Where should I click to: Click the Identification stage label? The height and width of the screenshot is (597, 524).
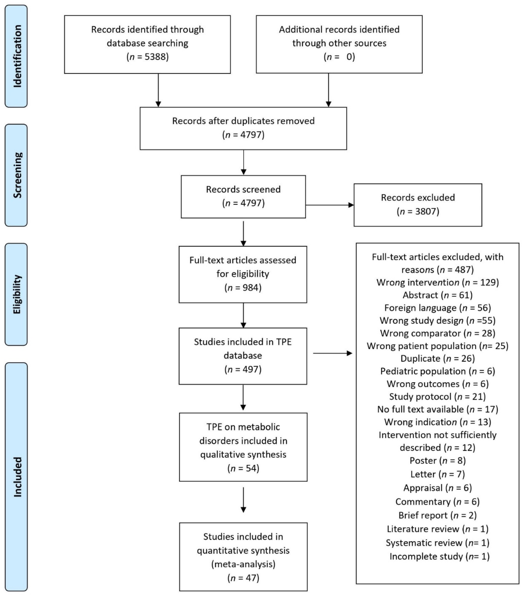coord(17,56)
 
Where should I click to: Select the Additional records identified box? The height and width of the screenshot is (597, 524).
coord(339,44)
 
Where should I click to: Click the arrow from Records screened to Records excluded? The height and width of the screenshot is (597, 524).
coord(329,205)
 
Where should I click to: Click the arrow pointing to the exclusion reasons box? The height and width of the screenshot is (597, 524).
coord(332,353)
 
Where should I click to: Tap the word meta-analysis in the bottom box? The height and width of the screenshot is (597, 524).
coord(243,564)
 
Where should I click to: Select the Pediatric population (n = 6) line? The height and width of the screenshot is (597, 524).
coord(437,371)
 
